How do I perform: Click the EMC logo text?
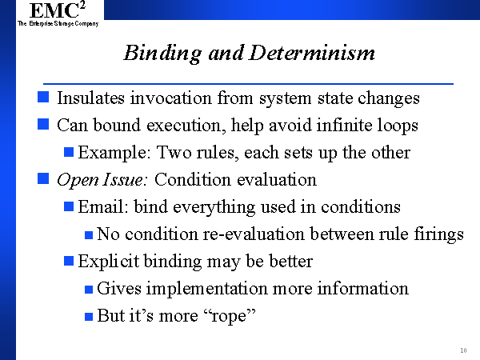click(x=58, y=10)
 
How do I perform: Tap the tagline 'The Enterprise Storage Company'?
click(x=58, y=23)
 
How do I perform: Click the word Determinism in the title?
click(x=312, y=53)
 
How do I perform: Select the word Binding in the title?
click(x=162, y=54)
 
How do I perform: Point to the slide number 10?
click(x=463, y=350)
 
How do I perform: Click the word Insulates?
click(x=90, y=98)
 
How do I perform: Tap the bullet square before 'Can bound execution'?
click(x=43, y=124)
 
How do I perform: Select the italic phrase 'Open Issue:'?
click(x=102, y=180)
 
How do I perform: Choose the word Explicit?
click(x=108, y=262)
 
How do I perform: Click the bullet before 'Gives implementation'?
click(x=89, y=290)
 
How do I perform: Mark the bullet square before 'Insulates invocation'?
click(x=43, y=97)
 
